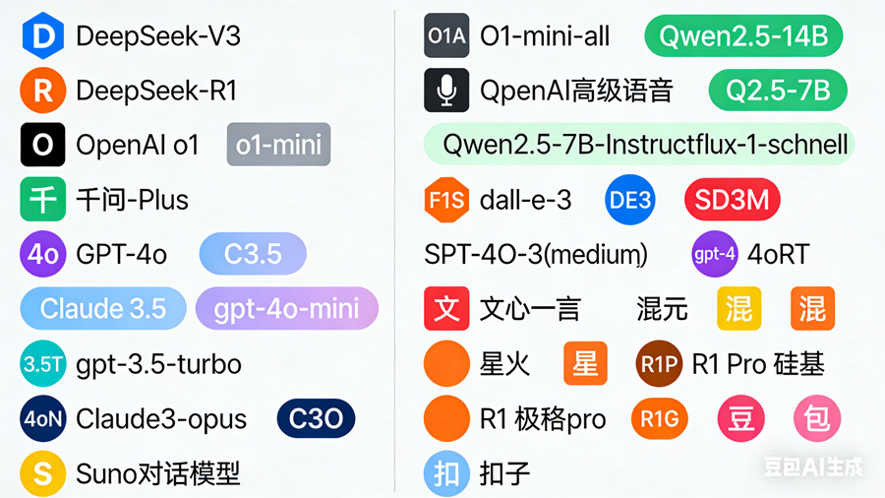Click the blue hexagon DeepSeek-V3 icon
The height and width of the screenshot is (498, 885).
[x=42, y=37]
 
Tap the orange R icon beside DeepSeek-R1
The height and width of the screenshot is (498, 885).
[x=42, y=92]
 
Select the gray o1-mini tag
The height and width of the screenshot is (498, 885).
[x=278, y=146]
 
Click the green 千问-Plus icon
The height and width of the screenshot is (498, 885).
[x=42, y=200]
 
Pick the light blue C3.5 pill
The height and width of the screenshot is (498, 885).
[x=253, y=255]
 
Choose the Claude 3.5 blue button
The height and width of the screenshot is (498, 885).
[x=103, y=309]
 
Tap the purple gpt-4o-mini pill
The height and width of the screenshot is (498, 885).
[x=287, y=309]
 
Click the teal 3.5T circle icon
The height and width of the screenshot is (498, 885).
[x=42, y=364]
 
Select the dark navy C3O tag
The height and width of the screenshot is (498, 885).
[x=316, y=419]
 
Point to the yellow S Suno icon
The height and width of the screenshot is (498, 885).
[x=42, y=473]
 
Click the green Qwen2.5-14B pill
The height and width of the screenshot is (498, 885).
[x=743, y=37]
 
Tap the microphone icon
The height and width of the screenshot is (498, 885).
[x=446, y=92]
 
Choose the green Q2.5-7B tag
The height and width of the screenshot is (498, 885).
[x=777, y=92]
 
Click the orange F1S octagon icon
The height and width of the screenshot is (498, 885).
[x=446, y=200]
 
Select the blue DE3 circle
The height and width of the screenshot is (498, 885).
[x=630, y=200]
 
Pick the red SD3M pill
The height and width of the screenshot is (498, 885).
[x=732, y=200]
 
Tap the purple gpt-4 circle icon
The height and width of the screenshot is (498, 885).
[x=715, y=255]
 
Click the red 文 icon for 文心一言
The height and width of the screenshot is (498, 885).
[x=446, y=309]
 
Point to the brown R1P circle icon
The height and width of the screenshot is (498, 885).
[x=659, y=364]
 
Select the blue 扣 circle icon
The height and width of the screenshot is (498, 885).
[x=446, y=473]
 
